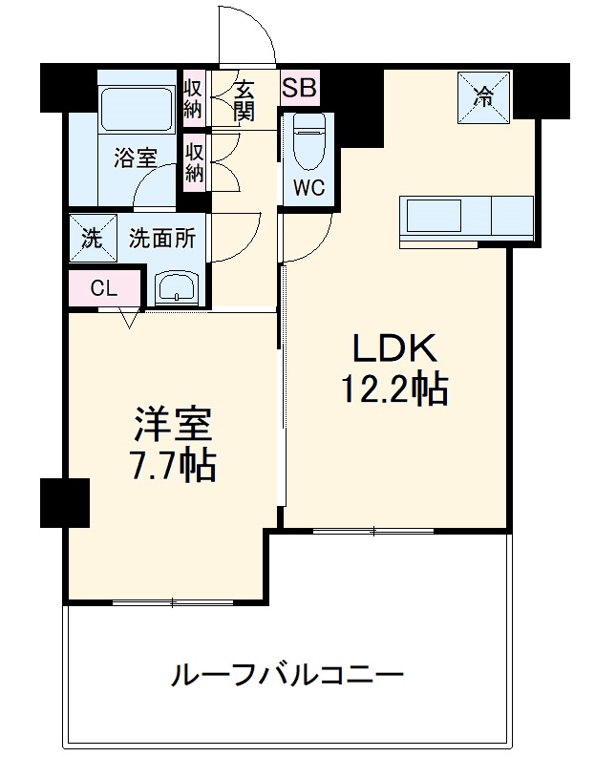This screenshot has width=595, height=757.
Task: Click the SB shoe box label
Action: [300, 89]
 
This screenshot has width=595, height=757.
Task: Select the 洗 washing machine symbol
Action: [90, 239]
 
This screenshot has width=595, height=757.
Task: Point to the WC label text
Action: [308, 188]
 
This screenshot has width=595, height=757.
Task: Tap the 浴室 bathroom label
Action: [135, 158]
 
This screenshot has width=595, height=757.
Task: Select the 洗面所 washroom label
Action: [162, 239]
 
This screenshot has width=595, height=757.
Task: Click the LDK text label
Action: [394, 351]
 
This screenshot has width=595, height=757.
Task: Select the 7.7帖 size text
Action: [173, 466]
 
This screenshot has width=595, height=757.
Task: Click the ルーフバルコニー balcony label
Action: [287, 676]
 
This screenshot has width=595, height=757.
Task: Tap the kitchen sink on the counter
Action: [436, 215]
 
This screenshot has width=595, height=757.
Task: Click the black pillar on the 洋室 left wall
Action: [64, 502]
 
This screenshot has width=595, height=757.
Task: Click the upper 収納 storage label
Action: [193, 95]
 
